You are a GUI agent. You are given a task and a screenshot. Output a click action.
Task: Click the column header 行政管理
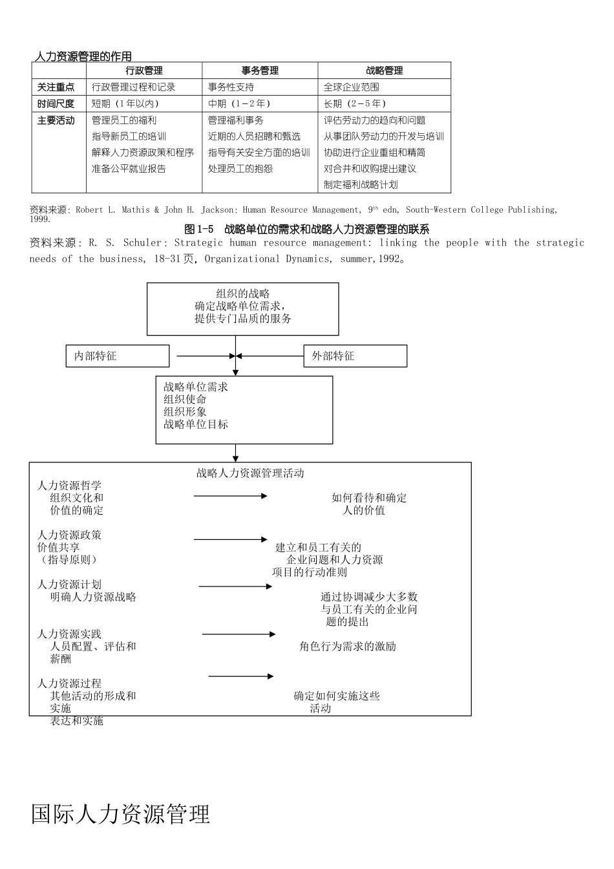pos(144,71)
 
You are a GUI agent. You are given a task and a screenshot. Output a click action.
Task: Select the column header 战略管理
pos(384,71)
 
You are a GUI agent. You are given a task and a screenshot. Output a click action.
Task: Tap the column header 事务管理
pos(260,71)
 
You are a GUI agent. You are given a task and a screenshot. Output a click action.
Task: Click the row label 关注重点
pos(56,87)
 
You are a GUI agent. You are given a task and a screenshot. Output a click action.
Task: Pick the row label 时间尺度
pos(56,103)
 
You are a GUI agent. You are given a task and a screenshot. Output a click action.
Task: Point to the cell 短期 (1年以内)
pos(125,103)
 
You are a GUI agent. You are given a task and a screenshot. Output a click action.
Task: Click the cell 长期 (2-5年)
pos(355,103)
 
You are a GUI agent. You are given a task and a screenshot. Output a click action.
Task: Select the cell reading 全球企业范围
pos(352,87)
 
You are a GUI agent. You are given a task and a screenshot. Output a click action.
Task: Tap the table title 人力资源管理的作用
pos(82,57)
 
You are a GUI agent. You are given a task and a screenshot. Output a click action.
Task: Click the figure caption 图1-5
pos(198,230)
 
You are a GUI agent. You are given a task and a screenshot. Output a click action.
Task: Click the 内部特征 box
pos(118,356)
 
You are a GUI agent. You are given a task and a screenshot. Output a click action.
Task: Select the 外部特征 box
pos(355,356)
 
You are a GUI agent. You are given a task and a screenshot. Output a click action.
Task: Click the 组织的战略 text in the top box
pos(243,294)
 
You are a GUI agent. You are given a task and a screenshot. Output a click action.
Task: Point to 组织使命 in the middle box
pos(185,400)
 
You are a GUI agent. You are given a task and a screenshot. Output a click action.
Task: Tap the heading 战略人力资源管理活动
pos(250,473)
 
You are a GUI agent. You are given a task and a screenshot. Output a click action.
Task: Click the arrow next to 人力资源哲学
pos(230,496)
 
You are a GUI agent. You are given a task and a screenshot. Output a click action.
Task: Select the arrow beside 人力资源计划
pos(235,586)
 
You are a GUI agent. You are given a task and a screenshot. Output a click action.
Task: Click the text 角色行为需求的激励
pos(348,647)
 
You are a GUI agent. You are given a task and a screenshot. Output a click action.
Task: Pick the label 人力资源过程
pos(69,683)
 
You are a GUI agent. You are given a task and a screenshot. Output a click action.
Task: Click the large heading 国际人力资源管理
pos(121,815)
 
